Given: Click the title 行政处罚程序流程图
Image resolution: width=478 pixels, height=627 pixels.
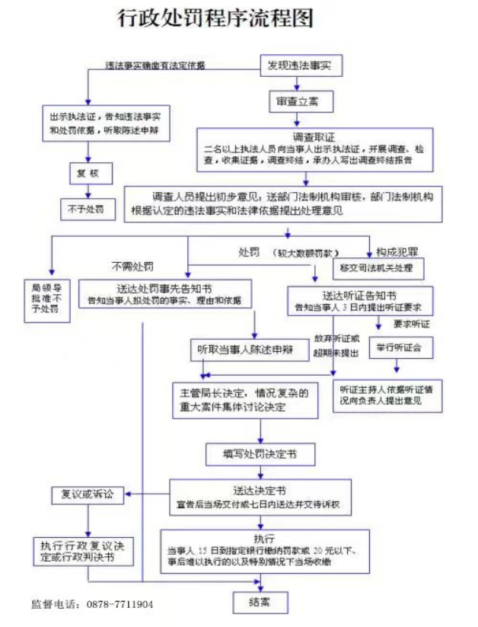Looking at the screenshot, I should point(215,19).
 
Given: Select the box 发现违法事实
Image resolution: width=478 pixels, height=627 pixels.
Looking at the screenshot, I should point(299,66).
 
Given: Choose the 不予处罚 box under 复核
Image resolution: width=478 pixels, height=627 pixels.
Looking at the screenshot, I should point(87,208).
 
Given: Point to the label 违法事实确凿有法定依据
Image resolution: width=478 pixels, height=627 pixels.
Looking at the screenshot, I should point(155,66).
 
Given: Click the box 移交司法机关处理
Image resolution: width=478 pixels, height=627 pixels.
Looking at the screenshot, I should point(378,268).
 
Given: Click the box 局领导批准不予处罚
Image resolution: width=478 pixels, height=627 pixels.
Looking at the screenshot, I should point(49,298).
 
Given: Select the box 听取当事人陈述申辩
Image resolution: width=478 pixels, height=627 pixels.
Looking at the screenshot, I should point(244,350).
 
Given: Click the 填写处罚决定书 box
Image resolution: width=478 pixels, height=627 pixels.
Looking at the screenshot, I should point(260,455).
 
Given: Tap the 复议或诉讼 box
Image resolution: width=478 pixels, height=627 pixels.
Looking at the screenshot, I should point(87,494).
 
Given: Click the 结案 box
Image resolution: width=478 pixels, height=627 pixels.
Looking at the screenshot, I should point(260,602).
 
